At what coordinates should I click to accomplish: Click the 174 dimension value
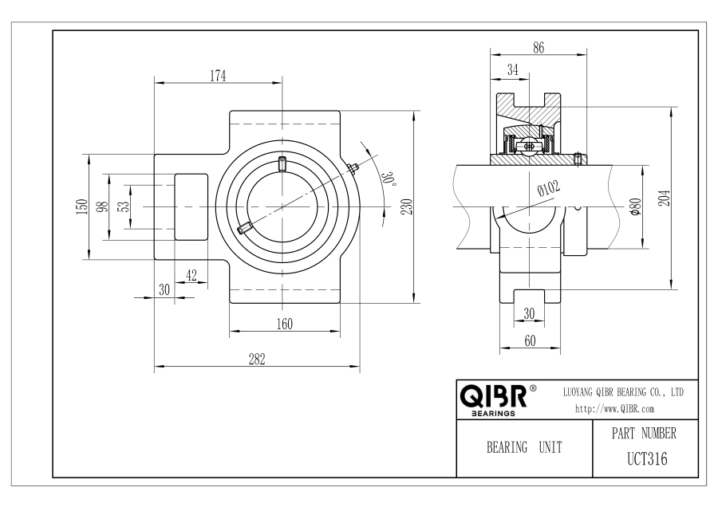[218, 76]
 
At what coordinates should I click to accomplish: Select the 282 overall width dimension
[257, 360]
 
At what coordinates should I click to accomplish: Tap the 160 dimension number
[284, 324]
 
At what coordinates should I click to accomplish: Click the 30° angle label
[389, 179]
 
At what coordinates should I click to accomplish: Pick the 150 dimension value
[82, 206]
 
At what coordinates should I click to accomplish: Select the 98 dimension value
[103, 206]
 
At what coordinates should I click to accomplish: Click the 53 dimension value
[124, 206]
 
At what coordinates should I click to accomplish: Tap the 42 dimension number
[191, 276]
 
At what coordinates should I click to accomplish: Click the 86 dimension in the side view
[538, 48]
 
